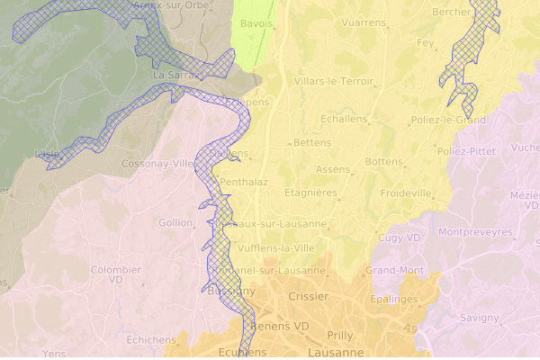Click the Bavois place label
[256, 23]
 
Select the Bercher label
[452, 13]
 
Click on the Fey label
[425, 42]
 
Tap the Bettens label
[312, 143]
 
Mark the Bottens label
[384, 162]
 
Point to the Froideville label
[406, 193]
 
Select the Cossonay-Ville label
[158, 164]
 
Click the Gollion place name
[175, 222]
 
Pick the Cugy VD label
[400, 238]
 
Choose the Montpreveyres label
[475, 232]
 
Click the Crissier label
[309, 295]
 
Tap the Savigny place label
[479, 318]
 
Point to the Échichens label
[150, 339]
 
